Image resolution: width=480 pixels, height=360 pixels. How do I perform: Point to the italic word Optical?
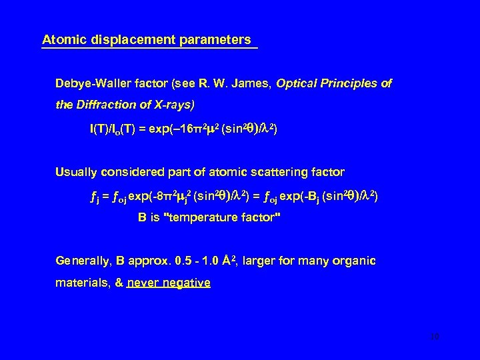pos(299,85)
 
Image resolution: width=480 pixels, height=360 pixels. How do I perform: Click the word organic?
pos(355,261)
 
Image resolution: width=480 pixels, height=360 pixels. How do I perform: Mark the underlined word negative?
pos(188,283)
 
